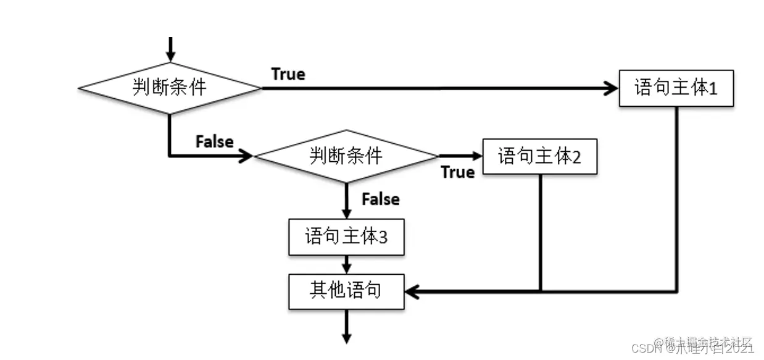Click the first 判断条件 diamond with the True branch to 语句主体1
tap(170, 88)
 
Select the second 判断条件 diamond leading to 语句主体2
tap(346, 156)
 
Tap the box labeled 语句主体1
tap(676, 88)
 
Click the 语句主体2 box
tap(540, 156)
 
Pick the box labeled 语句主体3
tap(346, 237)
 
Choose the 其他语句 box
tap(346, 291)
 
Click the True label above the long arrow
tap(288, 74)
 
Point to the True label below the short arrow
tap(457, 172)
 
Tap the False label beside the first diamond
tap(214, 141)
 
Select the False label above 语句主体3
tap(380, 199)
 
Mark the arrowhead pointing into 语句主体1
tap(612, 88)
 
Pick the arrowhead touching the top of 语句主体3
tap(346, 213)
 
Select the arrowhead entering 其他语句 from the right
tap(412, 291)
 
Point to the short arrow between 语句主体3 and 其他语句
tap(346, 265)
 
